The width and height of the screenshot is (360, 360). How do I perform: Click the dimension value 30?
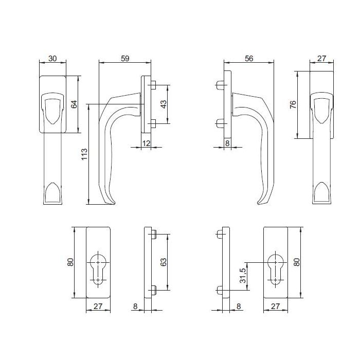pos(52,58)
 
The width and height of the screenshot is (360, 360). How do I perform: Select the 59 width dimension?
pos(124,58)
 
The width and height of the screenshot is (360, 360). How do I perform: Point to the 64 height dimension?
pos(74,104)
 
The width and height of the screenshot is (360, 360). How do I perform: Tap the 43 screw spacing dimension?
pos(164,104)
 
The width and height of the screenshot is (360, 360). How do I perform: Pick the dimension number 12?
pos(146,143)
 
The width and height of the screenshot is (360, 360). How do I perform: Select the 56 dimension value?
pos(249,58)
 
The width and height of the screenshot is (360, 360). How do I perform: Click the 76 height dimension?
pos(293,105)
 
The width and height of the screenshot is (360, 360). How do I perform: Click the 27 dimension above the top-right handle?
pos(322,58)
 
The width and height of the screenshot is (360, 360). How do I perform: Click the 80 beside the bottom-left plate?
pos(71,262)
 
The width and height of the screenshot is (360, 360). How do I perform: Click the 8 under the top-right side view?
pos(227,143)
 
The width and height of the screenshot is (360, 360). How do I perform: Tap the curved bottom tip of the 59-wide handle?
pos(110,202)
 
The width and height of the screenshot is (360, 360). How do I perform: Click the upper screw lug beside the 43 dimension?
pos(153,85)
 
